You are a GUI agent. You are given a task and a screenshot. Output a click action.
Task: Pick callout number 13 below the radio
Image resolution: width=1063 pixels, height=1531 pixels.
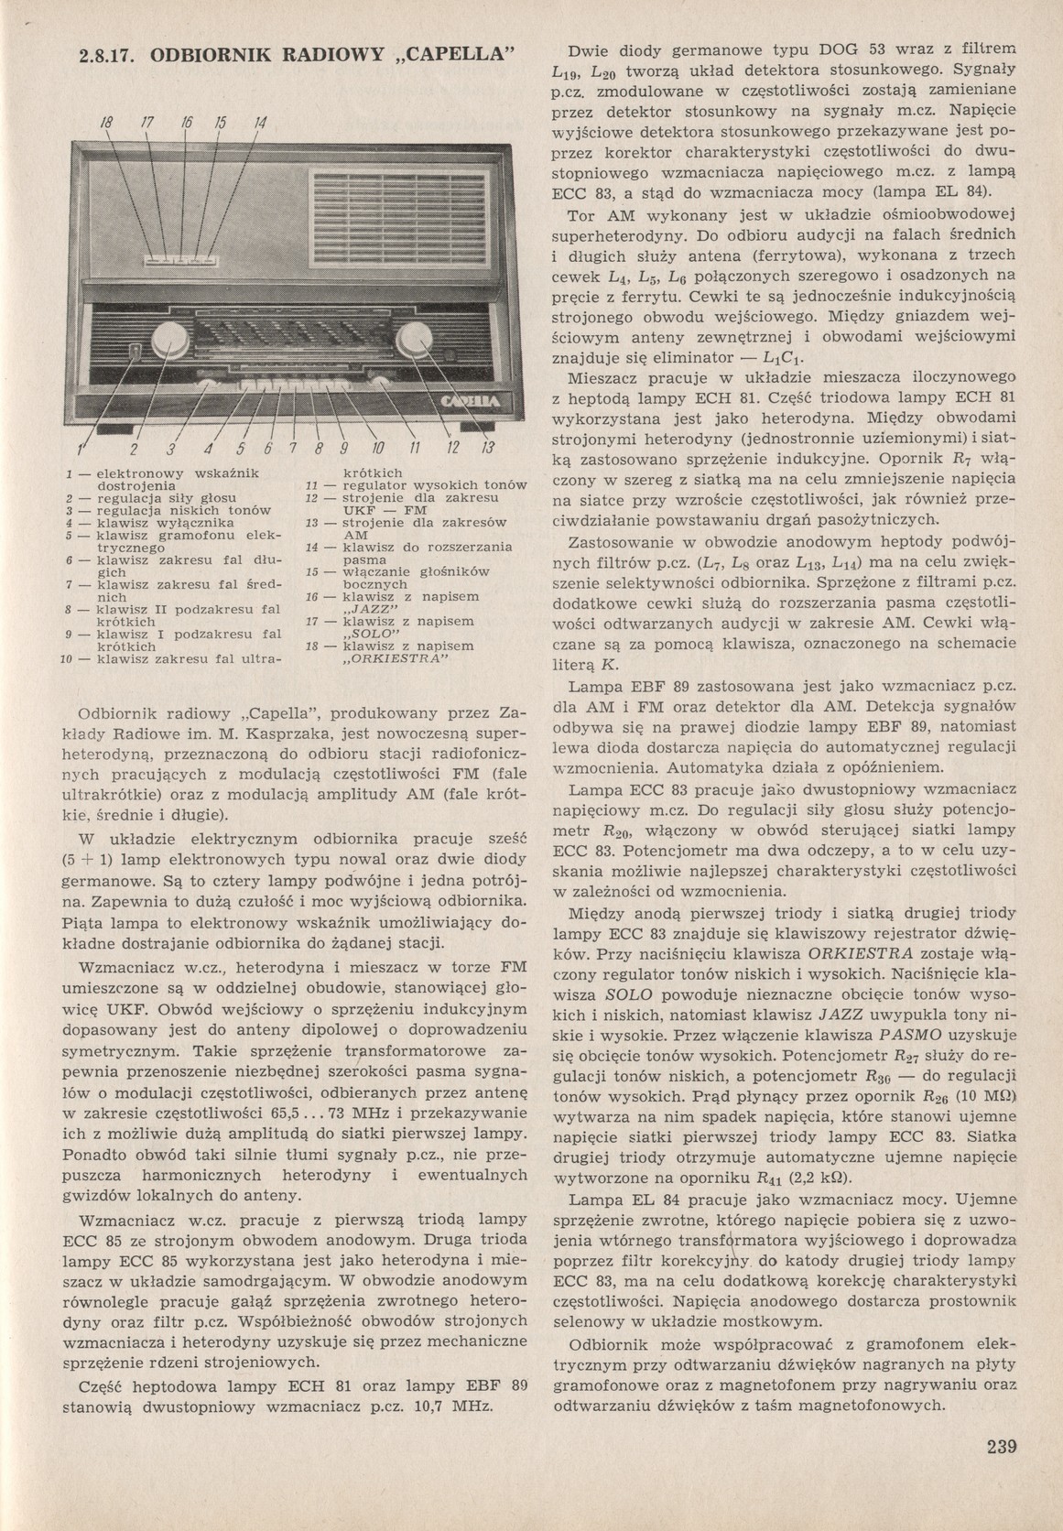pyautogui.click(x=486, y=448)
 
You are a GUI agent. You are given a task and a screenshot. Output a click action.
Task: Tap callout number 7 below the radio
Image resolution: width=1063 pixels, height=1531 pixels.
pyautogui.click(x=292, y=448)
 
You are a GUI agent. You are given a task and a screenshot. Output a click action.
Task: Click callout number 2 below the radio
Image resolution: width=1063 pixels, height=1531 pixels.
pyautogui.click(x=133, y=449)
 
